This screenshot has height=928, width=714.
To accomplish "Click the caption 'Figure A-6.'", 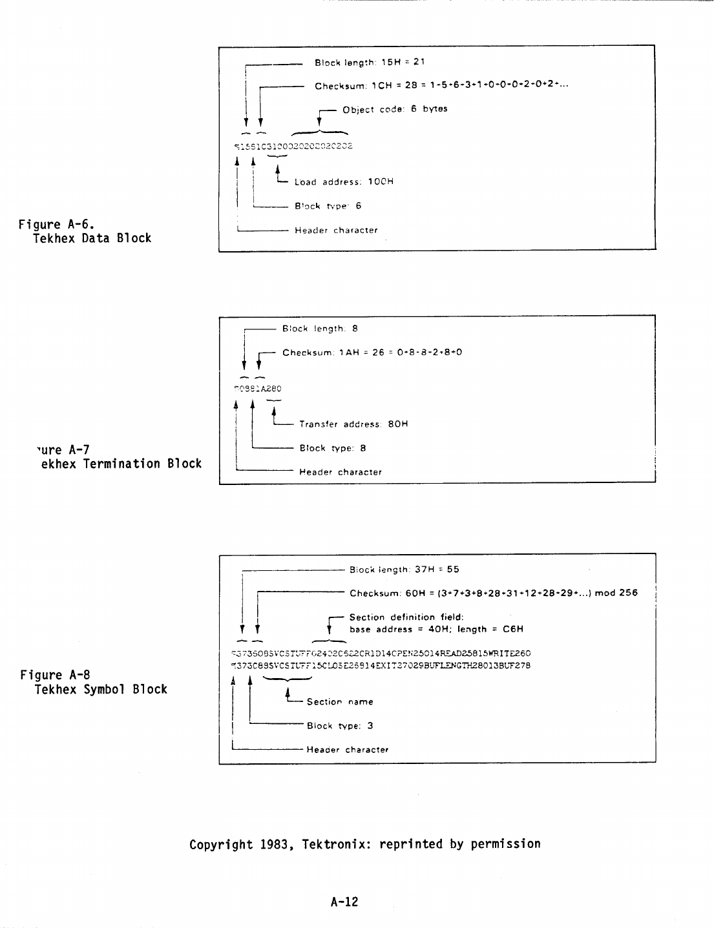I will pyautogui.click(x=57, y=225).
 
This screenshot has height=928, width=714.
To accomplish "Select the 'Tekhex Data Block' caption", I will pyautogui.click(x=92, y=238).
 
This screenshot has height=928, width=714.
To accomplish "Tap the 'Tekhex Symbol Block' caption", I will pyautogui.click(x=101, y=689).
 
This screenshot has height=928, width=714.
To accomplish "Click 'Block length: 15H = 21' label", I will pyautogui.click(x=369, y=63).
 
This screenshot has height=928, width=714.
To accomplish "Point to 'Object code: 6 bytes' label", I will pyautogui.click(x=395, y=109).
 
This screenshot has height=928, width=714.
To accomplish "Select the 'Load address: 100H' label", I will pyautogui.click(x=344, y=182).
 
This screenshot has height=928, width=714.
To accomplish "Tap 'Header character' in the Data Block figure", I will pyautogui.click(x=336, y=231).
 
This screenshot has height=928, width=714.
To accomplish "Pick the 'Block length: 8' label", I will pyautogui.click(x=320, y=329).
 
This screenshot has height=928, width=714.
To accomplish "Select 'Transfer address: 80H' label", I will pyautogui.click(x=353, y=424).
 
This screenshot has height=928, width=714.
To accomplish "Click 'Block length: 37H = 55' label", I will pyautogui.click(x=404, y=570).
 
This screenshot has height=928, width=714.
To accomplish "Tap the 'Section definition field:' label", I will pyautogui.click(x=406, y=617).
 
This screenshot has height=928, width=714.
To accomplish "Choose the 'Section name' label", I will pyautogui.click(x=340, y=702).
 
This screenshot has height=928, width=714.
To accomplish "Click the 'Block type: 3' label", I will pyautogui.click(x=340, y=726).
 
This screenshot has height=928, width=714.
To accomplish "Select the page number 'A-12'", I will pyautogui.click(x=344, y=902).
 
